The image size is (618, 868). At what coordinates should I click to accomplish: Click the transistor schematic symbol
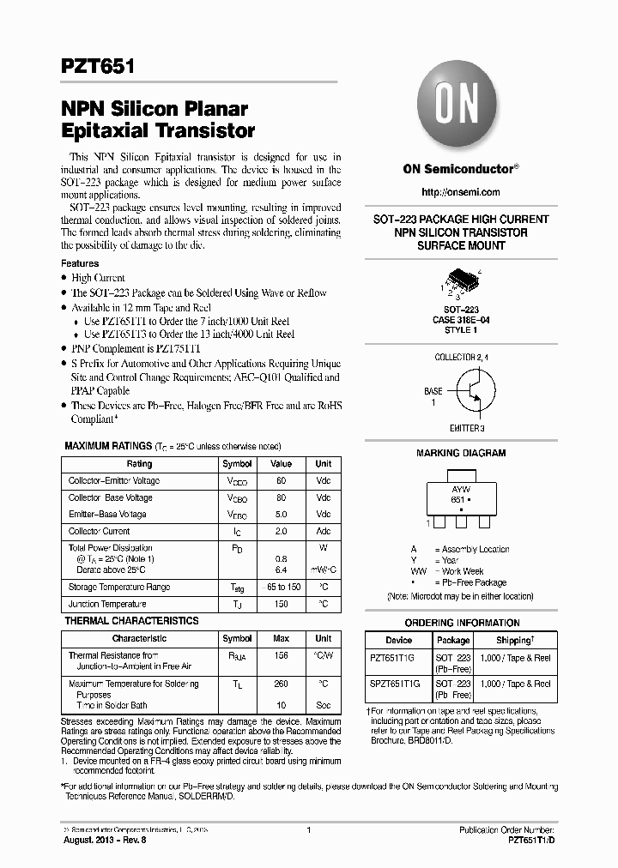click(x=469, y=391)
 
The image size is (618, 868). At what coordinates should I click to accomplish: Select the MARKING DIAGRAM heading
click(x=461, y=453)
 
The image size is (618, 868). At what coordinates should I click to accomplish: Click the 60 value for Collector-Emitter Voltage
click(x=281, y=481)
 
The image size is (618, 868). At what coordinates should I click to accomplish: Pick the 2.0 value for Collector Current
click(x=281, y=532)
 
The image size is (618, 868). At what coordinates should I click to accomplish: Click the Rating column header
click(x=139, y=464)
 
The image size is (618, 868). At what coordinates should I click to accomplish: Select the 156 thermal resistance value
click(x=281, y=655)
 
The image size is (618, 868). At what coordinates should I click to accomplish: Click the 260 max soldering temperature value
click(x=281, y=684)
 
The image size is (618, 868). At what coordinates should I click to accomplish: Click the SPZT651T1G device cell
click(x=396, y=684)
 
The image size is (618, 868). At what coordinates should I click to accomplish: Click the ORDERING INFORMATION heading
click(x=462, y=624)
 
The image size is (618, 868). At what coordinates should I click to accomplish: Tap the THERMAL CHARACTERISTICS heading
click(x=132, y=621)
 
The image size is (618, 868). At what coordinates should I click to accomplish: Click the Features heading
click(x=80, y=263)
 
